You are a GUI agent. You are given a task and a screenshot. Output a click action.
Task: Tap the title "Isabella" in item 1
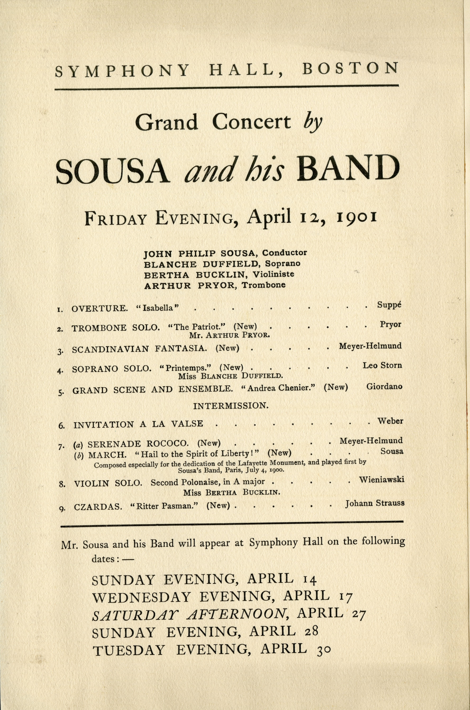[158, 308]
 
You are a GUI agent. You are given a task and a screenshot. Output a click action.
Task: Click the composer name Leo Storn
[382, 365]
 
